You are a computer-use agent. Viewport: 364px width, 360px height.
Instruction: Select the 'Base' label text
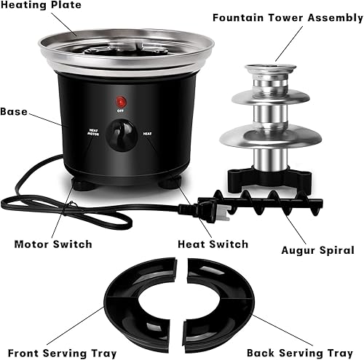15,112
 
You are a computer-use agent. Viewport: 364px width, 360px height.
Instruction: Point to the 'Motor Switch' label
53,244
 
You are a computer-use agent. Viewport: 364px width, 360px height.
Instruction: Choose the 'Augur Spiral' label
317,250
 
